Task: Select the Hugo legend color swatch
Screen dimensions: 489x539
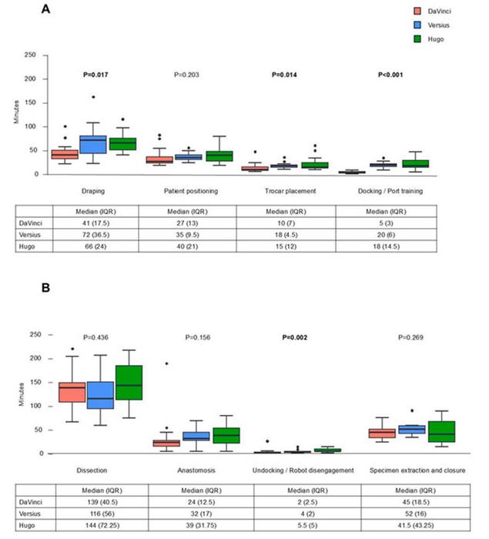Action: tap(417, 38)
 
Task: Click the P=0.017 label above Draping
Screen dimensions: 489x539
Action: tap(95, 75)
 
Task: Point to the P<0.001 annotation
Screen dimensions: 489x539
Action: tap(390, 75)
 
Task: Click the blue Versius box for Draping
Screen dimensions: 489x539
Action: tap(93, 145)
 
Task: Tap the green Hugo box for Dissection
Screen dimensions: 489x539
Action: tap(129, 383)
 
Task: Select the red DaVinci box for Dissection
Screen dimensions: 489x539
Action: tap(72, 392)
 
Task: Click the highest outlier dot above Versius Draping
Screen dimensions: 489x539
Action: tap(93, 97)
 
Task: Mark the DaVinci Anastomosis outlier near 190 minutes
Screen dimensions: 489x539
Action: tap(167, 363)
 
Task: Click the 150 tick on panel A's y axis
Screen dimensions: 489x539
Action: tap(30, 102)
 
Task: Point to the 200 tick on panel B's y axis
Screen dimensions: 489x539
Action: tap(35, 358)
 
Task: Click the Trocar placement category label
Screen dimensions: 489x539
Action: tap(290, 191)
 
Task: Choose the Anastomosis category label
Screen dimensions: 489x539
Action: tap(196, 470)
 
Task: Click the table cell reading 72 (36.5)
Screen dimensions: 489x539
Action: tap(95, 235)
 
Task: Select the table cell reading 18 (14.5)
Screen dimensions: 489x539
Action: tap(386, 246)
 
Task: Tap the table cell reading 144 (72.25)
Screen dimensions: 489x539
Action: tap(102, 525)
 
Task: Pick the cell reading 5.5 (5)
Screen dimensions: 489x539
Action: tap(307, 525)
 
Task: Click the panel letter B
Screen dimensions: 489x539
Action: tap(45, 287)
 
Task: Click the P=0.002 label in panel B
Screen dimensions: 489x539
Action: tap(295, 337)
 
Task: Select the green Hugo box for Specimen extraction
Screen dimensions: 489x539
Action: tap(441, 431)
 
